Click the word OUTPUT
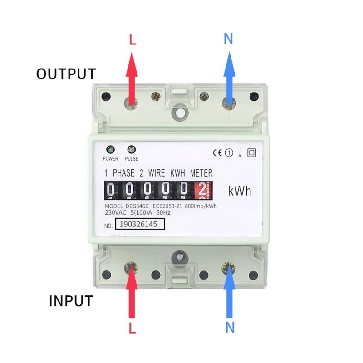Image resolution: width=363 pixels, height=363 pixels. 66,74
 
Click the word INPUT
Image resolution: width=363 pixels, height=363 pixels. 71,300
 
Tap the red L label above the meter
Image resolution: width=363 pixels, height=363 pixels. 132,39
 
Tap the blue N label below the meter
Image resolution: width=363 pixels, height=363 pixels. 230,327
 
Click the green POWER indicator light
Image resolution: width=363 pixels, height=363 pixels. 110,149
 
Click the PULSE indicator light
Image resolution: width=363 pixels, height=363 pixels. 132,149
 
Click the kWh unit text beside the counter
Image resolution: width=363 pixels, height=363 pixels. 239,191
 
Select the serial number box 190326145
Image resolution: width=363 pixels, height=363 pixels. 139,224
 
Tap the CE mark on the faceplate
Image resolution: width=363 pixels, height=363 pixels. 218,153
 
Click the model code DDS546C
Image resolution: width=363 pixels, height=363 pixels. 134,206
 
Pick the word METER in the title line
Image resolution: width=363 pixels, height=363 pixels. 201,173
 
